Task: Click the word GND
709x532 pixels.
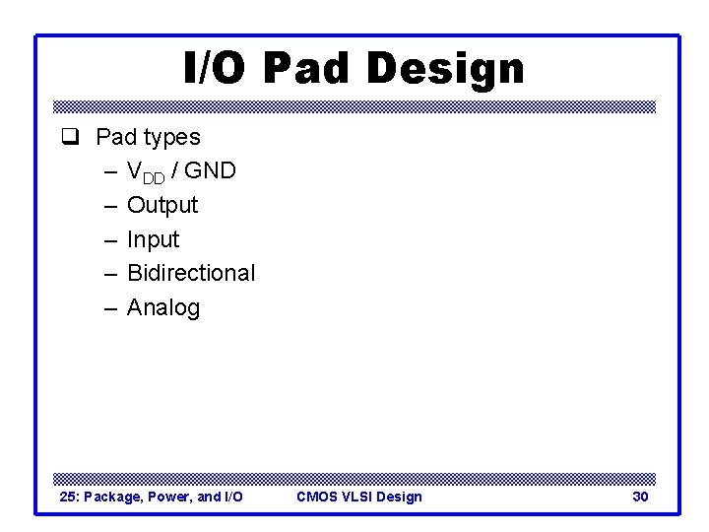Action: coord(210,170)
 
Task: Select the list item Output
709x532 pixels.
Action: coord(162,205)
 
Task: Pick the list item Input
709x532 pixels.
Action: coord(154,239)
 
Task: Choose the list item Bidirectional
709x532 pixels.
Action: coord(191,273)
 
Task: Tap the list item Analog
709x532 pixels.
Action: coord(163,307)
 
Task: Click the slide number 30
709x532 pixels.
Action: coord(640,497)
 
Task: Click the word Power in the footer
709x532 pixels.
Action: coord(168,497)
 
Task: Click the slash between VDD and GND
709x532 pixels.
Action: coord(175,170)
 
